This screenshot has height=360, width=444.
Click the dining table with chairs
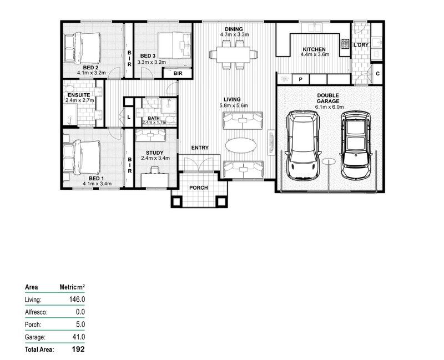[233, 54]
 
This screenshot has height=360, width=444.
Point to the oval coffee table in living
[241, 144]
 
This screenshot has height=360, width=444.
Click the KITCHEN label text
[315, 49]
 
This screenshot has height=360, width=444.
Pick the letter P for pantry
[300, 79]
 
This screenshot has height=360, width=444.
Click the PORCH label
[198, 187]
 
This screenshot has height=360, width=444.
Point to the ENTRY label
[200, 148]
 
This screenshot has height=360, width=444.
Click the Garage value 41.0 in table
[78, 337]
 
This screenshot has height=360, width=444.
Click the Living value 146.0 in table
[76, 300]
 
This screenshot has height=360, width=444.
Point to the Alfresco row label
[37, 312]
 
